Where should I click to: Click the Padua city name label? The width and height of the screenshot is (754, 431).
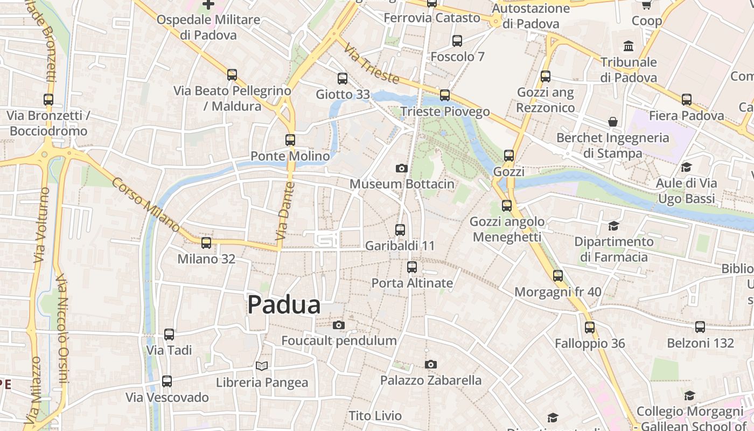point(284,305)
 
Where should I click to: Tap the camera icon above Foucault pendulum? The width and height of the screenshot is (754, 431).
point(338,325)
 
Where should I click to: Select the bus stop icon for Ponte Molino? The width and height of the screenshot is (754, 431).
point(290,140)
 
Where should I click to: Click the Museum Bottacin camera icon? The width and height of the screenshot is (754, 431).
point(401,168)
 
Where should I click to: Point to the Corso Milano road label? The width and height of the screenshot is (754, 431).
point(145,205)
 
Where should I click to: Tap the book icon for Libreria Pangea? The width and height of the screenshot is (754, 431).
point(262,366)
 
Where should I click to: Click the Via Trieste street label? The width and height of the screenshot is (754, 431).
point(372,64)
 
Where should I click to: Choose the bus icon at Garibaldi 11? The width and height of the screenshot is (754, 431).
point(400,230)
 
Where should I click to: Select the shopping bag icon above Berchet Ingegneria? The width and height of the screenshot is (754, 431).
point(612,122)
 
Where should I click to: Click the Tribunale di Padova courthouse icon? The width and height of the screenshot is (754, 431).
point(629,46)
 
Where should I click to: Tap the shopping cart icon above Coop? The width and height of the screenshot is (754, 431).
point(646,5)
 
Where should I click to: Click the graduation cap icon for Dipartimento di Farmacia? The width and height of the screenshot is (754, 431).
point(613,226)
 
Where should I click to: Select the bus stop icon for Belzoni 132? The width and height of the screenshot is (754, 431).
point(700,326)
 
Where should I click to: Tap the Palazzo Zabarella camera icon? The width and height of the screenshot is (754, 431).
point(430,365)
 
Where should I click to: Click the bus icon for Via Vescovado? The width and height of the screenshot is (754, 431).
point(167,381)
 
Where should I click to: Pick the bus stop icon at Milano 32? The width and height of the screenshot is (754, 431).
point(206,243)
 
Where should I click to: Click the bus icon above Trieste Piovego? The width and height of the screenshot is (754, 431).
point(444,95)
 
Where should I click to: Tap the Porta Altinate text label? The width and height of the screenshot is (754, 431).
point(412,283)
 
